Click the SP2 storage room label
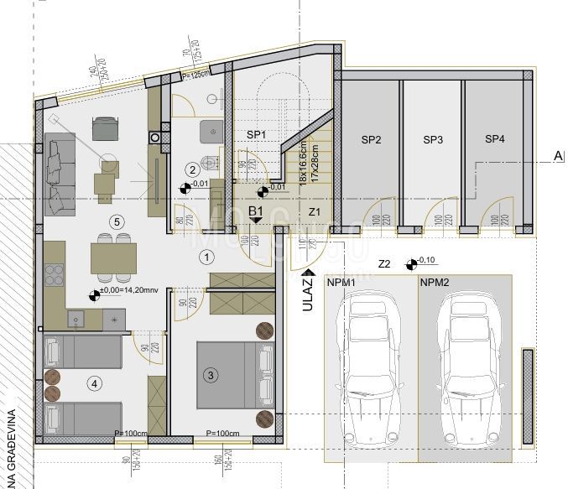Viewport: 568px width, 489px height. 372,139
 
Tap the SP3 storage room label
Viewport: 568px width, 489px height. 433,139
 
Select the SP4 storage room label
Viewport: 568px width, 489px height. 495,139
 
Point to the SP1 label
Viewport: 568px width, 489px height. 256,134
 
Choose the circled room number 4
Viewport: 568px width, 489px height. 95,384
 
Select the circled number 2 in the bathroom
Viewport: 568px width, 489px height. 192,169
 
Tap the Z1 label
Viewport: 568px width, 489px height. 314,211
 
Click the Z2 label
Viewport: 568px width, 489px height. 385,264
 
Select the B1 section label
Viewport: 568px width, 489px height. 257,211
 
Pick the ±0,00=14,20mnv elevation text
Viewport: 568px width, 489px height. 129,294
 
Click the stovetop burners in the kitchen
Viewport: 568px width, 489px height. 55,275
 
